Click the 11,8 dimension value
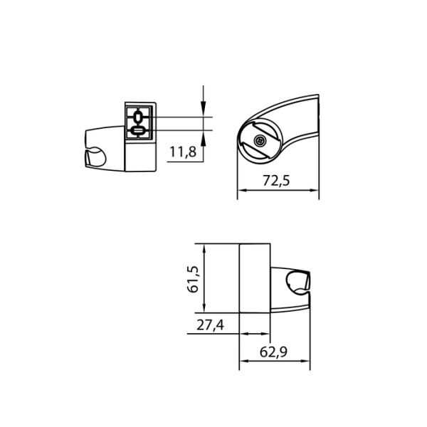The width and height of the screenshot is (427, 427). tap(183, 152)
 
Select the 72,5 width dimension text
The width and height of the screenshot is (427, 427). tap(276, 181)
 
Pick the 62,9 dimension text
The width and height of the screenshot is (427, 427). tap(274, 352)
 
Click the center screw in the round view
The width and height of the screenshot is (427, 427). tap(260, 141)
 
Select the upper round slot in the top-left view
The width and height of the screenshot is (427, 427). tap(138, 117)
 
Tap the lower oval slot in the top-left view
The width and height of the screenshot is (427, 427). tap(138, 130)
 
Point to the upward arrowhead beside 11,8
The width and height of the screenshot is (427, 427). tap(204, 136)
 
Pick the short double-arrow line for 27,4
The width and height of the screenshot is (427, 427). tap(255, 333)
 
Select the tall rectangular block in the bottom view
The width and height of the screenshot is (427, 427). tap(255, 278)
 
